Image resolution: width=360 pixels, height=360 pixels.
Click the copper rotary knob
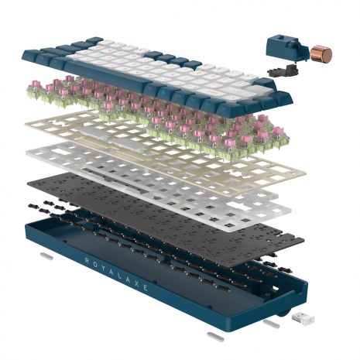[x=321, y=54]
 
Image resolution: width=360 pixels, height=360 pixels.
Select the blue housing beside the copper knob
[x=286, y=49]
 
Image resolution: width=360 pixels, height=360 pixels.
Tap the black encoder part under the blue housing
[x=283, y=70]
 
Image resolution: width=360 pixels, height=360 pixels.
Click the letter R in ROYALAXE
[x=87, y=260]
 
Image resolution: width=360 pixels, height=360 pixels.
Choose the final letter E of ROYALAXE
[x=146, y=286]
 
